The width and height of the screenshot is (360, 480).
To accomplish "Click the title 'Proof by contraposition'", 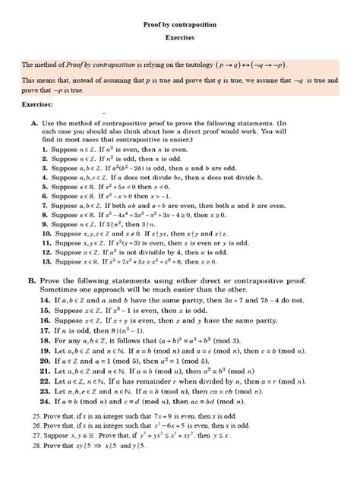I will pyautogui.click(x=180, y=25).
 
